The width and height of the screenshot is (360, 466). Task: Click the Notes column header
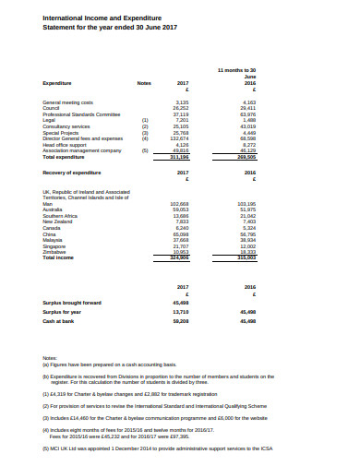(144, 83)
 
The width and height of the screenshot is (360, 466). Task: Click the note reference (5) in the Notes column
(144, 151)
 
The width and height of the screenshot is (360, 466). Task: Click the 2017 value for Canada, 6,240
(182, 227)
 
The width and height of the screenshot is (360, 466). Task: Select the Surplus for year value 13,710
(181, 312)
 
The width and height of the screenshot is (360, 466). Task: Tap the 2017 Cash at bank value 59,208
(181, 321)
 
